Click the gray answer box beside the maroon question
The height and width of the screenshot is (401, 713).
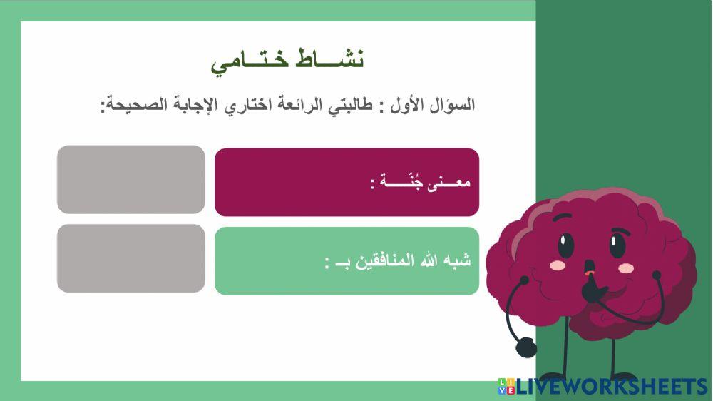(130, 179)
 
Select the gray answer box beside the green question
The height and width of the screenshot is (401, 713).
(130, 258)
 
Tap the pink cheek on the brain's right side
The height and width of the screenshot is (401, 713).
(626, 268)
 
